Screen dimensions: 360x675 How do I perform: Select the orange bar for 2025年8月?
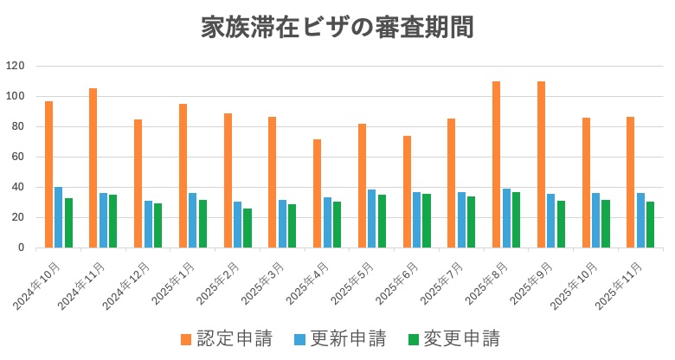(x=497, y=164)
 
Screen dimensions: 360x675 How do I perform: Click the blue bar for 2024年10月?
(x=59, y=217)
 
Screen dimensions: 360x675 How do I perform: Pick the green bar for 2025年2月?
(x=247, y=228)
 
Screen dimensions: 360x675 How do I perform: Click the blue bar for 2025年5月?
(x=372, y=218)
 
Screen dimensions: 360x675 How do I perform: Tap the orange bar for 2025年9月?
(x=542, y=164)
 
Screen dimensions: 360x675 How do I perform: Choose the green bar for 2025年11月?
(x=650, y=224)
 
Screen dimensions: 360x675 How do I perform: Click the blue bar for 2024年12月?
(x=148, y=224)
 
